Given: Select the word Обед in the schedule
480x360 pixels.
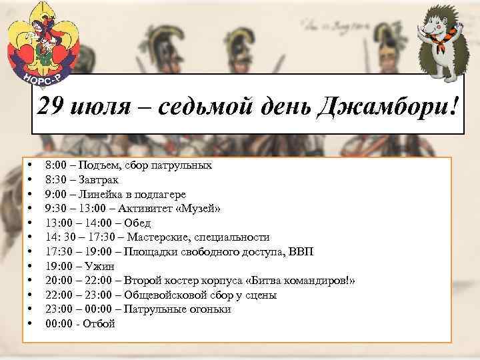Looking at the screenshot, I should coord(137,223).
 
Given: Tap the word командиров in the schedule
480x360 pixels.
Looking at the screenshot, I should coord(313,281).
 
